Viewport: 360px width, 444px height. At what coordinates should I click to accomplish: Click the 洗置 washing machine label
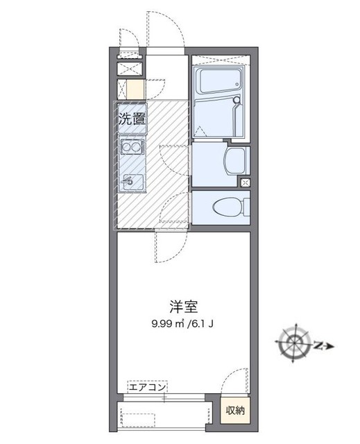tap(132, 119)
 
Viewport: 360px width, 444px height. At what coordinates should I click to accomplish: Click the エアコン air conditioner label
tap(146, 388)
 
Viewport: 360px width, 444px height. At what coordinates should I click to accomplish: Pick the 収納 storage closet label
tap(235, 411)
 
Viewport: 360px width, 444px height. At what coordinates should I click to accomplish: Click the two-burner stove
tap(131, 148)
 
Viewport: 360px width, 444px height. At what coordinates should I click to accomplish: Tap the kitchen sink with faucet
tap(130, 182)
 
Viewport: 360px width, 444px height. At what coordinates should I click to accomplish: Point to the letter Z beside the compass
tap(318, 345)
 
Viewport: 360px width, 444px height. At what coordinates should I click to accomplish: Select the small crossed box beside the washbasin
tap(245, 182)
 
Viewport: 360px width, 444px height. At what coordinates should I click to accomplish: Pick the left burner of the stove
tap(126, 148)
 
